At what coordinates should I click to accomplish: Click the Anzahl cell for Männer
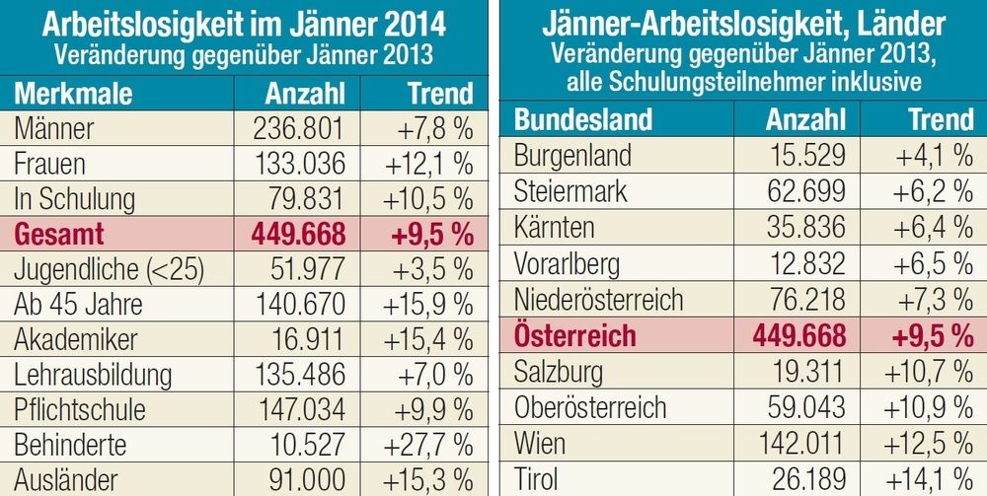pos(295,128)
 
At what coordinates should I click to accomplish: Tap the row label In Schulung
pos(74,198)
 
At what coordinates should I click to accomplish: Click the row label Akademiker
pos(75,339)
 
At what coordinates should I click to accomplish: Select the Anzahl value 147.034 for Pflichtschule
pos(295,409)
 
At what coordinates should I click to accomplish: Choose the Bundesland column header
pos(583,119)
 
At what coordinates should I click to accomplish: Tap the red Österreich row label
pos(575,334)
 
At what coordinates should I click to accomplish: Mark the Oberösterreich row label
pos(590,407)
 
